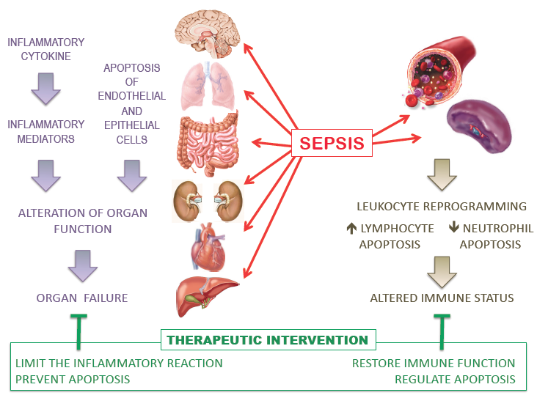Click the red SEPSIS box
(x=332, y=143)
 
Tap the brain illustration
(x=207, y=34)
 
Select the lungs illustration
(x=208, y=86)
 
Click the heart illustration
(x=208, y=247)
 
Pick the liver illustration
(x=207, y=296)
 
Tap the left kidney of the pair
(x=187, y=202)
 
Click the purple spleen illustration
(x=480, y=126)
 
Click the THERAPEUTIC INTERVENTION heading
(x=268, y=340)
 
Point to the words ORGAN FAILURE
(x=82, y=298)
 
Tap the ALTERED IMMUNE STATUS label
(x=442, y=298)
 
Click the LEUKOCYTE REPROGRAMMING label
(x=442, y=207)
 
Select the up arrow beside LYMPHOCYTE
(x=351, y=228)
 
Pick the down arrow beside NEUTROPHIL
(x=454, y=227)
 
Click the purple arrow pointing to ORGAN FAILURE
(x=83, y=266)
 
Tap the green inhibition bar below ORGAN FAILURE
(x=78, y=331)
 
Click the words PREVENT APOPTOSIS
(x=73, y=380)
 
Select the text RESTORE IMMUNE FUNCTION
(x=434, y=363)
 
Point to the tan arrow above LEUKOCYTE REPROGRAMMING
(x=442, y=174)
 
